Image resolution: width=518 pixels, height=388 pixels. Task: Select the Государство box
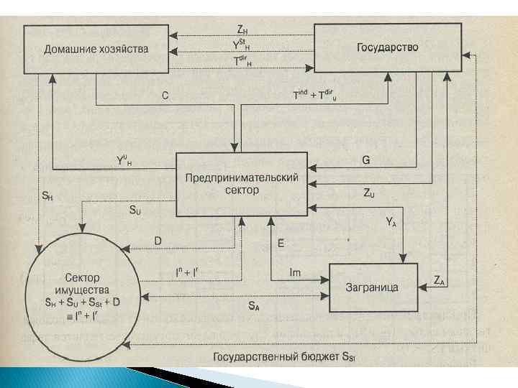[x=387, y=48]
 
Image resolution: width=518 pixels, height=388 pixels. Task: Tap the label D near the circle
[x=158, y=241]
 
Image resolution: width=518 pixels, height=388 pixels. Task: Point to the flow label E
[x=281, y=244]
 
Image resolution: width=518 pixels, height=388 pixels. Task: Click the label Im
[x=294, y=272]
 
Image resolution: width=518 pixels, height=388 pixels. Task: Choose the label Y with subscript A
[x=391, y=223]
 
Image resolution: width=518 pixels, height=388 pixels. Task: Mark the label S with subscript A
[x=254, y=306]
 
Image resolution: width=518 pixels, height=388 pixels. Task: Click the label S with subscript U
[x=135, y=211]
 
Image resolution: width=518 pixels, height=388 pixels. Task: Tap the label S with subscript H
[x=47, y=195]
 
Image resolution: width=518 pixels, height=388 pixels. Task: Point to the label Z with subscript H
[x=242, y=30]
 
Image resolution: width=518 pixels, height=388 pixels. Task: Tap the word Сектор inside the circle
[x=81, y=277]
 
